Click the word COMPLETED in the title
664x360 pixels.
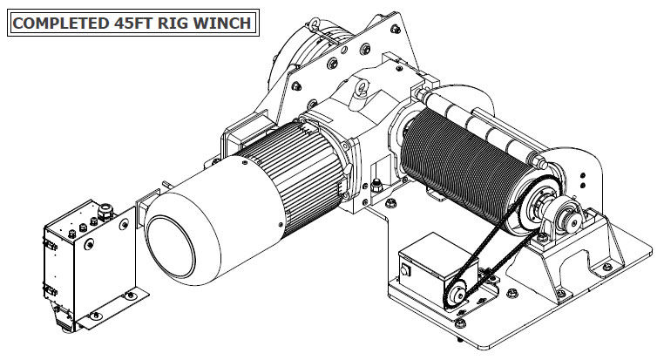(61, 23)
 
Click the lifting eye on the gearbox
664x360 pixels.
(361, 89)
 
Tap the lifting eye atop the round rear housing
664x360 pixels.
(315, 24)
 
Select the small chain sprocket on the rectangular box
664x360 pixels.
(457, 295)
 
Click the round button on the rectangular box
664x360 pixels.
(405, 270)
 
